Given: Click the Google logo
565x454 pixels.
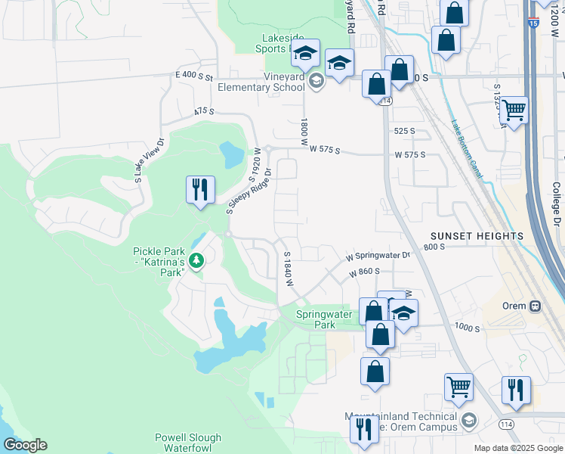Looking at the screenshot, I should tap(24, 445).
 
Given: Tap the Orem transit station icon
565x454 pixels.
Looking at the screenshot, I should tap(535, 306).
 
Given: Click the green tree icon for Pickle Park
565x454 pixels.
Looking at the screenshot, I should tap(197, 261).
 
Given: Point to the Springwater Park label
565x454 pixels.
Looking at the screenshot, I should tap(325, 319).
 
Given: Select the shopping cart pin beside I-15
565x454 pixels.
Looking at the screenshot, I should tap(514, 110).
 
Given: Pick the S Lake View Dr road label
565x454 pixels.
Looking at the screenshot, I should tap(149, 160).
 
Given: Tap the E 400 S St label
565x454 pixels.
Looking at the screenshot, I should tap(195, 76).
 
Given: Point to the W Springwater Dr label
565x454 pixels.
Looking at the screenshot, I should tap(378, 257).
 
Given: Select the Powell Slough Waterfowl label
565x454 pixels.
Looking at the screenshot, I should tap(188, 443).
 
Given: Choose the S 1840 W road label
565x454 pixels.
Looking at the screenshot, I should tap(287, 269).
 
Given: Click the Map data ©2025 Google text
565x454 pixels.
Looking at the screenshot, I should tap(518, 448).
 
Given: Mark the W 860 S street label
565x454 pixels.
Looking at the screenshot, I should tap(365, 271).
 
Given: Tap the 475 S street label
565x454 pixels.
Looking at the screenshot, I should tap(204, 111).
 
